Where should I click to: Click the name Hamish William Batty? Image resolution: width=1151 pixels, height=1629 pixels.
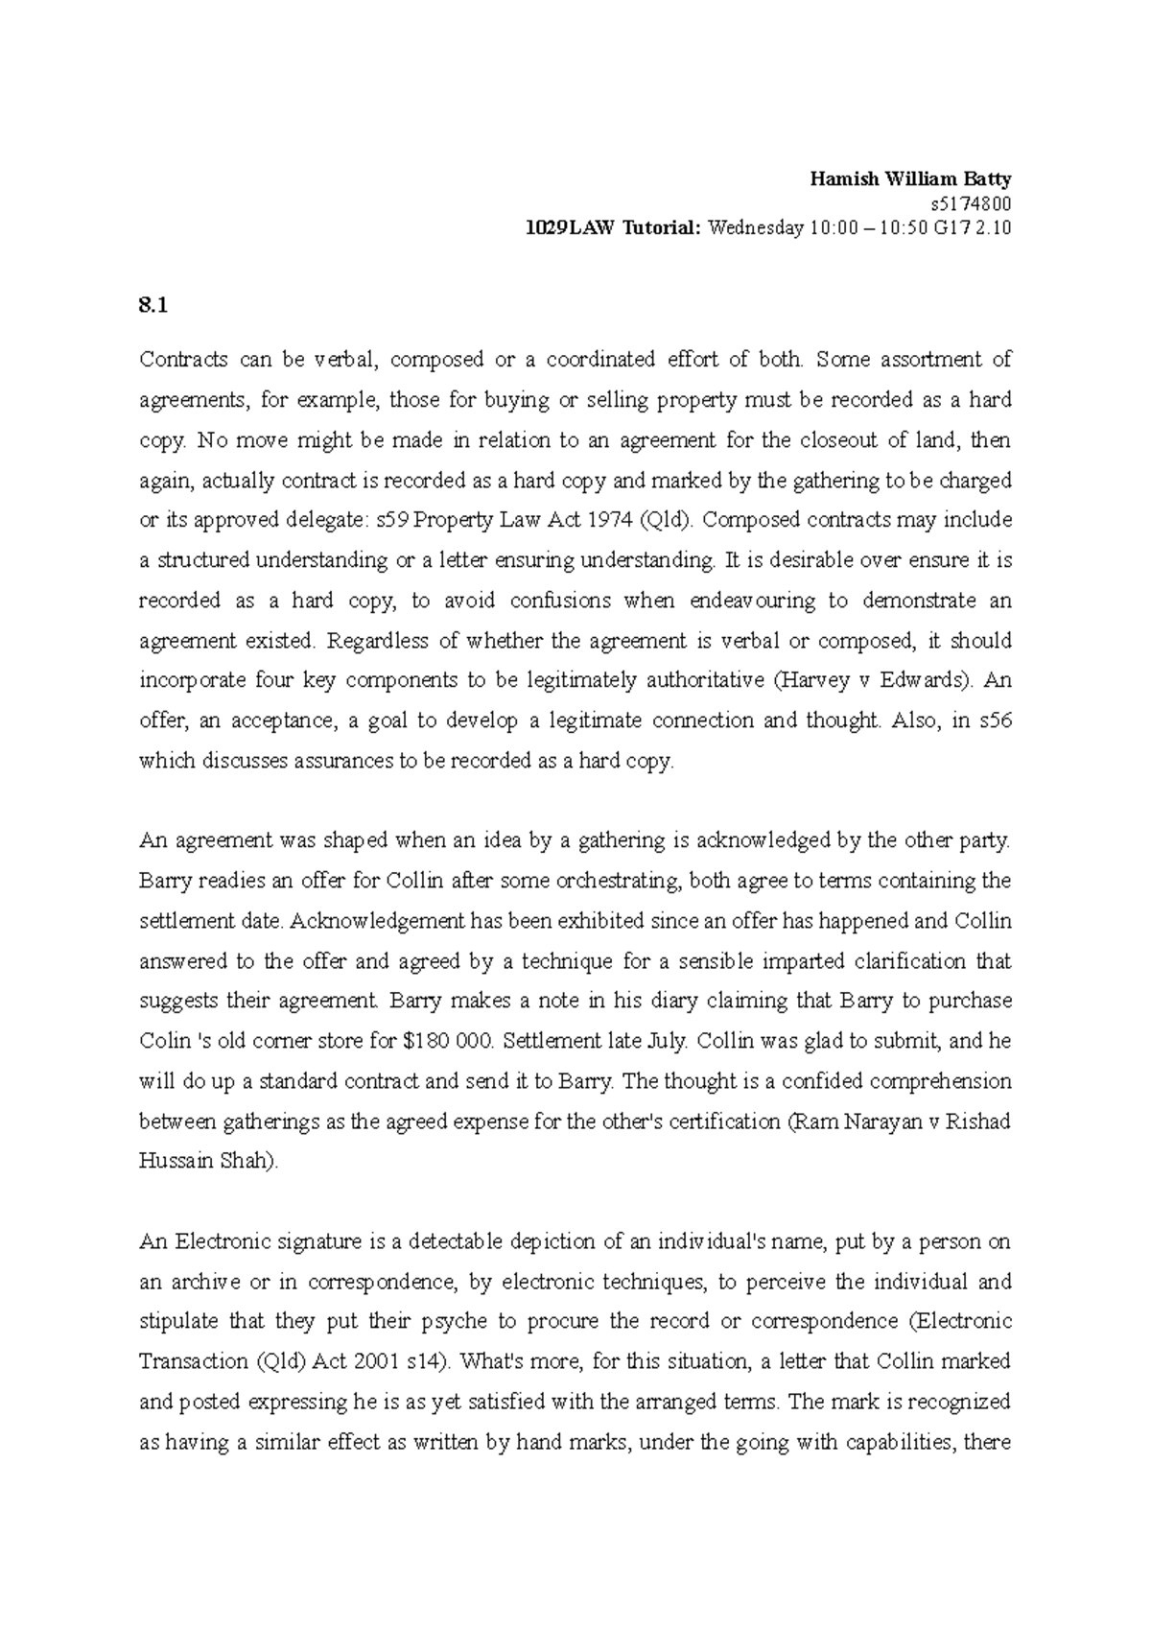point(910,178)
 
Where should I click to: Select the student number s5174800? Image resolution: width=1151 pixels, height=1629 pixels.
point(971,203)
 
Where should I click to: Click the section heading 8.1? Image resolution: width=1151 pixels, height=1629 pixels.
point(153,306)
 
